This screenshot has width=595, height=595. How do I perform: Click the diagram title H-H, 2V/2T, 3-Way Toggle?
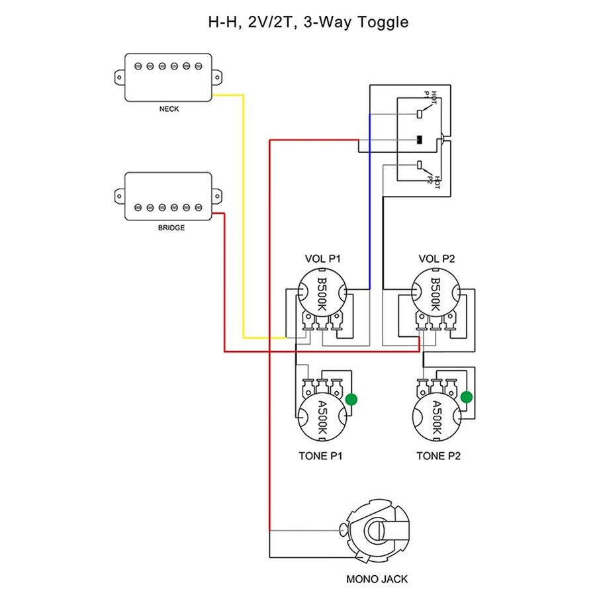click(x=308, y=22)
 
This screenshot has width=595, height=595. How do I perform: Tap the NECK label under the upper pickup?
click(x=169, y=109)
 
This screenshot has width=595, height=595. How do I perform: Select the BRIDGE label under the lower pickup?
click(x=171, y=228)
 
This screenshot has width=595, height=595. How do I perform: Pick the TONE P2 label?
click(x=438, y=456)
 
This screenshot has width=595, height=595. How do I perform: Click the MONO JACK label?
click(x=377, y=579)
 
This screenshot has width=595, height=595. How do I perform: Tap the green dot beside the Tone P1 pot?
click(x=351, y=399)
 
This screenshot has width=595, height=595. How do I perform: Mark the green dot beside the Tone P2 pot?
click(x=467, y=397)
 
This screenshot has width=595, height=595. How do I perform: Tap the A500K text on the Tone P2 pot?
click(x=437, y=418)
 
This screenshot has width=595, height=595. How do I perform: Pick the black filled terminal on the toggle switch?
click(x=419, y=140)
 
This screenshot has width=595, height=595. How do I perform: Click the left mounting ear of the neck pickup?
click(x=119, y=77)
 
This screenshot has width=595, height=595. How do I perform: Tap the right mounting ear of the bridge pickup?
click(x=217, y=195)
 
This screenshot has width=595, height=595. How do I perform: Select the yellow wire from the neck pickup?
click(x=243, y=218)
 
